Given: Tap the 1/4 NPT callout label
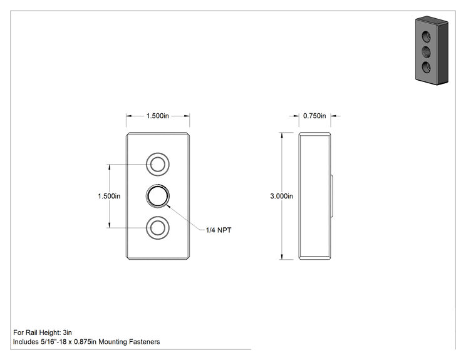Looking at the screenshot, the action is point(219,230).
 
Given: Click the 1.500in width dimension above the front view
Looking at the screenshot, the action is point(157,116).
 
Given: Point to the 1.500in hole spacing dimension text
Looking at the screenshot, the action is point(109,196).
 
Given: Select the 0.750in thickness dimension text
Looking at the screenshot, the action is point(314,116).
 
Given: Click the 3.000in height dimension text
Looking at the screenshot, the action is point(281,196).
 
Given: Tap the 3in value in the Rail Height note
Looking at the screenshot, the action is point(68,332).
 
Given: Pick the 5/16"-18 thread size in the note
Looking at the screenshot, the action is point(53,342).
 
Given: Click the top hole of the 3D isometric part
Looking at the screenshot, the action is point(427,37).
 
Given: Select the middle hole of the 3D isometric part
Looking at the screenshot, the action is point(427,52).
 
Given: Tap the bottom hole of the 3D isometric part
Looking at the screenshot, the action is point(427,68).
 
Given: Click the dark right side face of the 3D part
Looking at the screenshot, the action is point(442,53).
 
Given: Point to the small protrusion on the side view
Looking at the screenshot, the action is point(332,196).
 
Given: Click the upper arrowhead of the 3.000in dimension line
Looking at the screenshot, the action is point(282,135).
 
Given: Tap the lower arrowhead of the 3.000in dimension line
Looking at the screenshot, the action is point(282,256).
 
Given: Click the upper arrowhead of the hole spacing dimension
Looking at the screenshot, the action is point(110,167).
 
